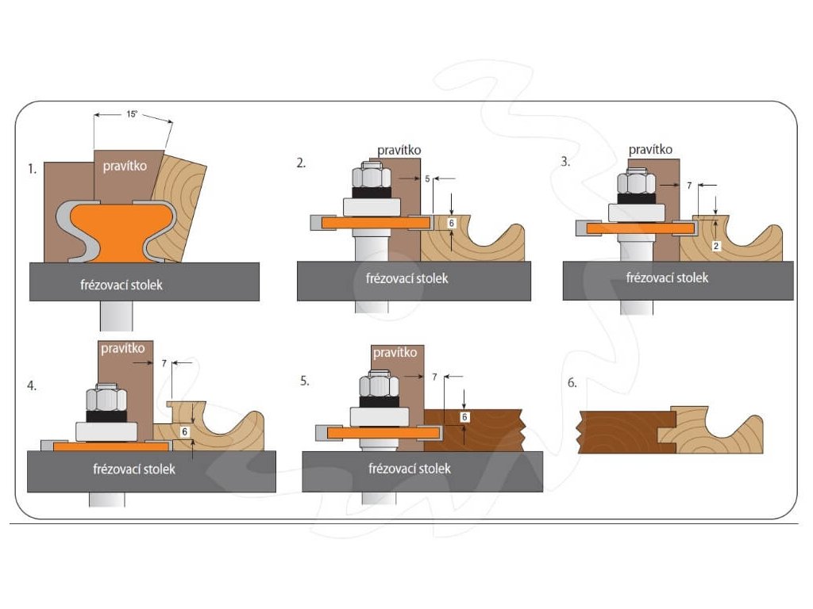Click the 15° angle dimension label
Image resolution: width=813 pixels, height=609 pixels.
131,114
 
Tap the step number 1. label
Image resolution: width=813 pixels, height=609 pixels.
33,168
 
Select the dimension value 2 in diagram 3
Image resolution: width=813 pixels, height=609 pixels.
716,247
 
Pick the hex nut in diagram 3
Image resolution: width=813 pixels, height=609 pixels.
635,184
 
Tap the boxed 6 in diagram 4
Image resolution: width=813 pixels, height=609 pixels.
184,432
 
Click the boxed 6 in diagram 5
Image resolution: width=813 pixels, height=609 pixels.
465,416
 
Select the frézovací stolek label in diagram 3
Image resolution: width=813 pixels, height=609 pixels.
667,278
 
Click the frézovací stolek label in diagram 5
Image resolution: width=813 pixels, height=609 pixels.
410,469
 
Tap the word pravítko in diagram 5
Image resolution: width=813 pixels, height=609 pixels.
395,352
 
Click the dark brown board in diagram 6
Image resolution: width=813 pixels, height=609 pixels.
623,431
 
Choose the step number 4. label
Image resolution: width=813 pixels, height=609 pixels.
33,386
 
